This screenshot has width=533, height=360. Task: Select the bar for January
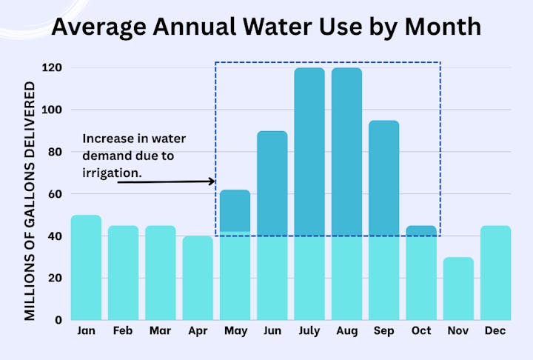[x=86, y=267]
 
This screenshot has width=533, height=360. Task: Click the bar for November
[x=458, y=289]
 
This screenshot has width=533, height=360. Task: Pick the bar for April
[x=198, y=278]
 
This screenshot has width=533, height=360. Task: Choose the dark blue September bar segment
[x=383, y=178]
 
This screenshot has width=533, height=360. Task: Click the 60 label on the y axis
[x=56, y=195]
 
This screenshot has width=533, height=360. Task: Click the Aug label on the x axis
[x=346, y=331]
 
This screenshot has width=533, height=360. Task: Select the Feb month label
[x=123, y=331]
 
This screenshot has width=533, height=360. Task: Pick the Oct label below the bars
[x=420, y=331]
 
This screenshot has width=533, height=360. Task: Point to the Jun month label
[x=272, y=331]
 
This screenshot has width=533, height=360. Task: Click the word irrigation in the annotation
[x=111, y=172]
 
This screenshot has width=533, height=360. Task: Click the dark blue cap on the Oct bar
[x=420, y=230]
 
